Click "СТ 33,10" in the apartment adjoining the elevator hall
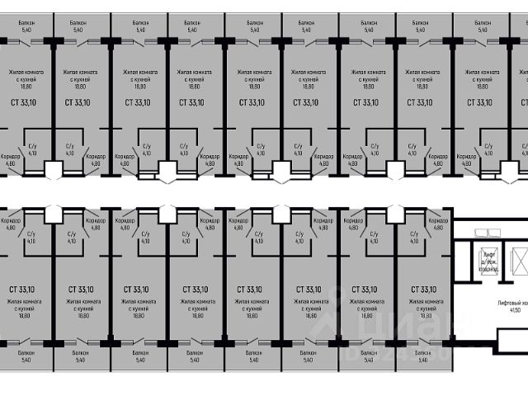(x=420, y=290)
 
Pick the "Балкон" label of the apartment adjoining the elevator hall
(x=422, y=352)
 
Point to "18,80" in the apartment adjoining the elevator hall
(x=422, y=315)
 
